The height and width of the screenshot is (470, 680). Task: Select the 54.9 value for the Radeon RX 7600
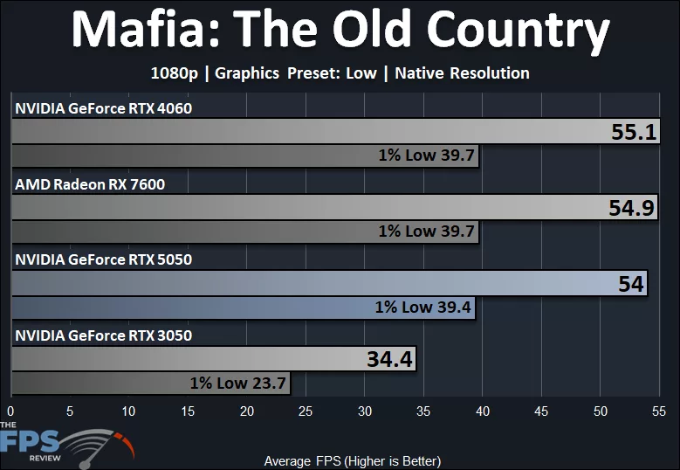[632, 208]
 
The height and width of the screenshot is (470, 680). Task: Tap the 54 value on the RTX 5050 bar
[630, 284]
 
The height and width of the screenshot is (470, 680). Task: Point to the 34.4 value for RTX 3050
[388, 359]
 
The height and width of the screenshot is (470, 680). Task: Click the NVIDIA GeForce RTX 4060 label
[103, 108]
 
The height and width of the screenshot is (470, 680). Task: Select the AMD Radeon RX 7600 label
[90, 183]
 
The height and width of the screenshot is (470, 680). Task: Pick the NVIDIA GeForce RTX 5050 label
[103, 259]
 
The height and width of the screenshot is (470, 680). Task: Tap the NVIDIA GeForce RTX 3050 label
[103, 335]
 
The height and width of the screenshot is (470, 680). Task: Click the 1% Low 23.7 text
[237, 382]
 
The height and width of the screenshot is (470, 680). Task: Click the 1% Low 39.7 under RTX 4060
[426, 156]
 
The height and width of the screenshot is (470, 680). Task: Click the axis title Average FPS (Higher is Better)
[352, 460]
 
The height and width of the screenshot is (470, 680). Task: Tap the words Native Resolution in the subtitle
[462, 73]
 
